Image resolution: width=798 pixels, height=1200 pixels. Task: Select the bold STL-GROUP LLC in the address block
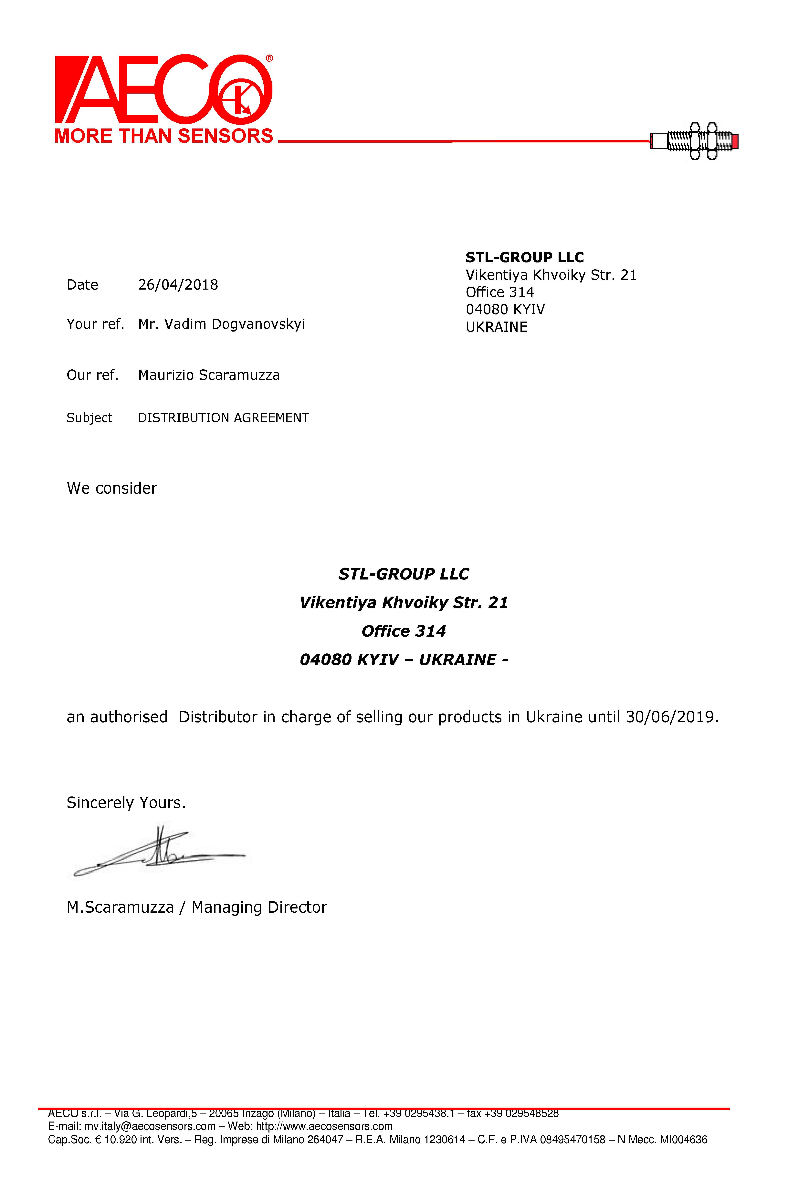point(525,257)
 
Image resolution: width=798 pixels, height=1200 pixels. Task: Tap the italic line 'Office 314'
point(404,631)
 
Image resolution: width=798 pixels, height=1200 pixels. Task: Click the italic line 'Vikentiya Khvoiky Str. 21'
point(404,603)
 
